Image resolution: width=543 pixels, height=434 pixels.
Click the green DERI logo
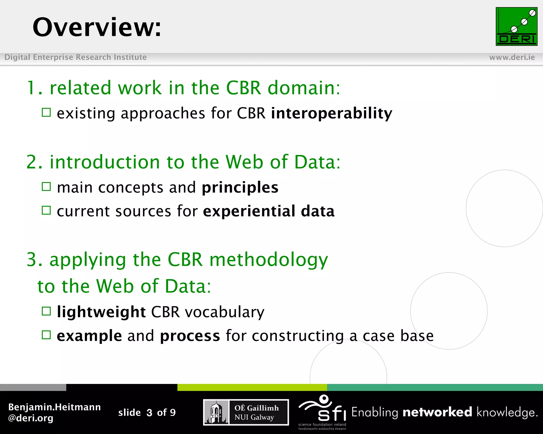pyautogui.click(x=516, y=26)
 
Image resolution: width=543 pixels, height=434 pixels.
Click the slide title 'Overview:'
pyautogui.click(x=97, y=27)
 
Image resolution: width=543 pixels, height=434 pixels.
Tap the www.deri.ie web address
pyautogui.click(x=512, y=57)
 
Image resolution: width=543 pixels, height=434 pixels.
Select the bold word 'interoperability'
pyautogui.click(x=331, y=113)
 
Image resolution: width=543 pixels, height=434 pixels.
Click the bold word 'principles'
pyautogui.click(x=240, y=188)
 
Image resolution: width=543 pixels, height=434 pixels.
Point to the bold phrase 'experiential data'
pyautogui.click(x=269, y=211)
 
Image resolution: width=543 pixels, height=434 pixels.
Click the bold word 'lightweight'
pyautogui.click(x=101, y=312)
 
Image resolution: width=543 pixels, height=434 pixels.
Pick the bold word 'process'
pyautogui.click(x=190, y=336)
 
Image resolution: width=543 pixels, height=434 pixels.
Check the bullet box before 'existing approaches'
pyautogui.click(x=46, y=112)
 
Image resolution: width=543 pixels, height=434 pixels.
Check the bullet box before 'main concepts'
pyautogui.click(x=46, y=187)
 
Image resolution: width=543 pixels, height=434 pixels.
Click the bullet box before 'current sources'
pyautogui.click(x=46, y=210)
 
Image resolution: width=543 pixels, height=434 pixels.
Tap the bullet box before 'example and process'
pyautogui.click(x=46, y=335)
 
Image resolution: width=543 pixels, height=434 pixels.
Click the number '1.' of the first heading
pyautogui.click(x=34, y=88)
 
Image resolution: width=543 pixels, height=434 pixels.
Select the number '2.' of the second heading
pyautogui.click(x=34, y=162)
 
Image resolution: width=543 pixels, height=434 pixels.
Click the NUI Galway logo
pyautogui.click(x=246, y=412)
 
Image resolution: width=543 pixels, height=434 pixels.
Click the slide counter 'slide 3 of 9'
pyautogui.click(x=147, y=413)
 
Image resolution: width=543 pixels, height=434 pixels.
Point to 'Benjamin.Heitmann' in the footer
pyautogui.click(x=54, y=407)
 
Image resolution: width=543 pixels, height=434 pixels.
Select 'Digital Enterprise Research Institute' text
pyautogui.click(x=76, y=57)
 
